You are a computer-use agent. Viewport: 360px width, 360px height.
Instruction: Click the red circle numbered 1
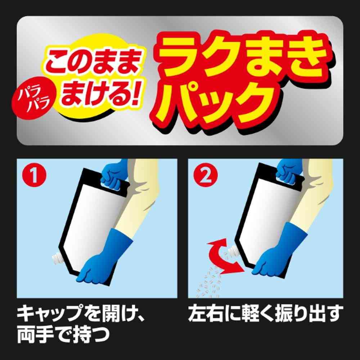(x=34, y=175)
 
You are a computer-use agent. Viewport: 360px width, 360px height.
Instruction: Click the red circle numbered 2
(x=206, y=175)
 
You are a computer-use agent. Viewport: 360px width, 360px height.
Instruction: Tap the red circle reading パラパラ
(x=34, y=101)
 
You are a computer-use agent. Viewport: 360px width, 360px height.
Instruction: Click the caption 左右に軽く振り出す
(x=266, y=313)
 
